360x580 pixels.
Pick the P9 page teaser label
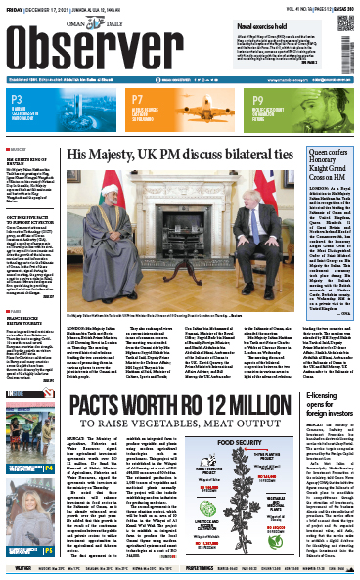(257, 99)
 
